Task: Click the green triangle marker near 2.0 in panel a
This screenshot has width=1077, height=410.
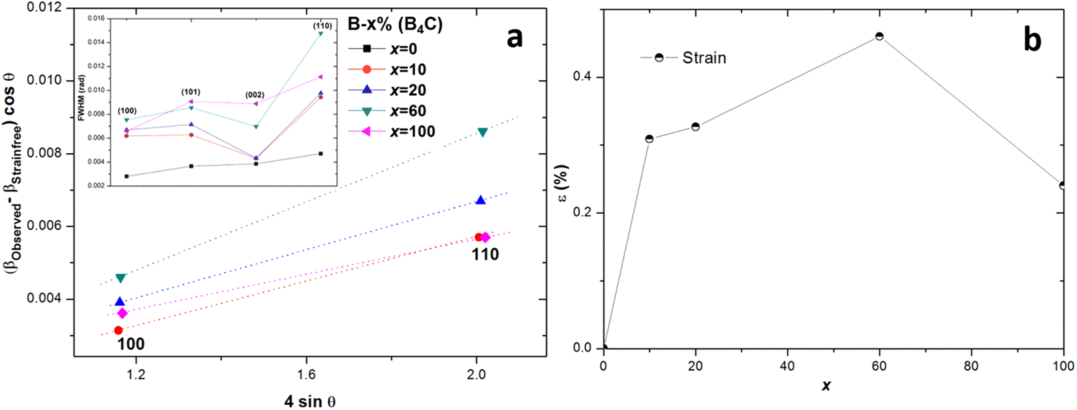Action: (483, 132)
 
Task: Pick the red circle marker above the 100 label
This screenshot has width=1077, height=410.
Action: (118, 330)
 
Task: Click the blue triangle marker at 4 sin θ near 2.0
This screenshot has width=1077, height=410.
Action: (481, 200)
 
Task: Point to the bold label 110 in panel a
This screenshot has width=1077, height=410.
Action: (485, 255)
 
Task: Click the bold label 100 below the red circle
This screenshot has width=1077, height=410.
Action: (131, 344)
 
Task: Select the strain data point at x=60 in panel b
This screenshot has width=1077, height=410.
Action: (879, 37)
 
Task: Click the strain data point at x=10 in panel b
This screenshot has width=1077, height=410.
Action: (649, 139)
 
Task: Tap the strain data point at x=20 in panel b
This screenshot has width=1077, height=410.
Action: (696, 126)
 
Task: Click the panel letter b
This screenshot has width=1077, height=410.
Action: (1033, 40)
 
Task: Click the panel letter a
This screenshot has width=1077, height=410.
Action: (515, 38)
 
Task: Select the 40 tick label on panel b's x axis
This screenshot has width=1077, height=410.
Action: (787, 366)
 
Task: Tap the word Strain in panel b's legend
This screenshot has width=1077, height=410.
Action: (704, 58)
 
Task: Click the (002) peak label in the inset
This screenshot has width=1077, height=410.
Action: (255, 95)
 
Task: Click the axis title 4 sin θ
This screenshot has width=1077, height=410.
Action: (310, 401)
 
